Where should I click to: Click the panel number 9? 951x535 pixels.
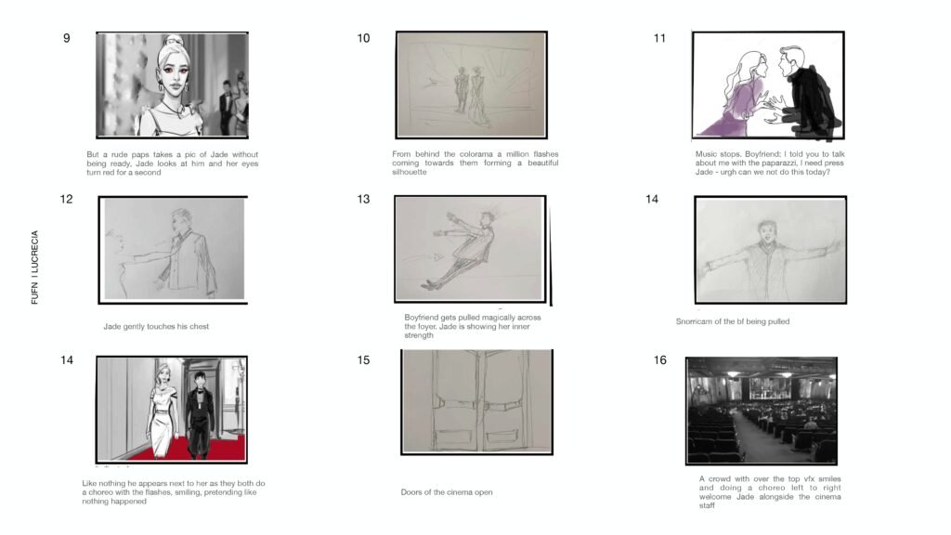(67, 38)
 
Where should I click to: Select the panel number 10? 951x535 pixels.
(363, 38)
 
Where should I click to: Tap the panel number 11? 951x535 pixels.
(660, 38)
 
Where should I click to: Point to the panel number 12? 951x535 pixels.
(66, 199)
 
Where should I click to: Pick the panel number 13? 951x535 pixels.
(363, 199)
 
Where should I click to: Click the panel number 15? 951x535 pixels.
(363, 360)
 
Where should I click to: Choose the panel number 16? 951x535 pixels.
(660, 360)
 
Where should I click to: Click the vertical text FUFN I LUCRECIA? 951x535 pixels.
(34, 267)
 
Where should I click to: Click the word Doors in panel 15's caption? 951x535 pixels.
(410, 492)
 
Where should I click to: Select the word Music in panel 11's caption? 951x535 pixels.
(706, 154)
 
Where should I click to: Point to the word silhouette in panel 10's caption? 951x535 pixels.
(410, 172)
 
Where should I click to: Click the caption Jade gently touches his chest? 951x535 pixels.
(156, 326)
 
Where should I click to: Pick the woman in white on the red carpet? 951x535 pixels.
(163, 410)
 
